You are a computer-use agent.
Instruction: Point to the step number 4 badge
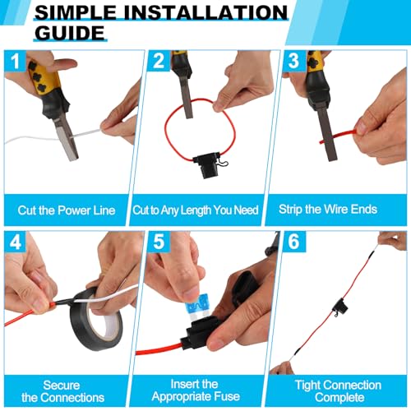[15, 243]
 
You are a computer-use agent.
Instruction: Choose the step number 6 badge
[293, 243]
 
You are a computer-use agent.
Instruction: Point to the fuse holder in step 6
[337, 311]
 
